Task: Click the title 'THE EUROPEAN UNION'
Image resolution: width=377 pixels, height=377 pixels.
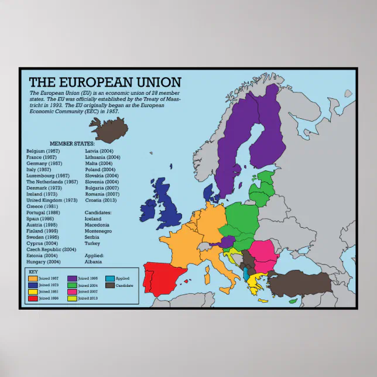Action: [105, 82]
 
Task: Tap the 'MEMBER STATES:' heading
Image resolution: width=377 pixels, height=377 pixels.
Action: [72, 143]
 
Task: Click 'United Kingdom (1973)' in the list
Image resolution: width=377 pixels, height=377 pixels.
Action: [52, 200]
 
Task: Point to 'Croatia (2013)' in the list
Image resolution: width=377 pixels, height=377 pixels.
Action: [102, 200]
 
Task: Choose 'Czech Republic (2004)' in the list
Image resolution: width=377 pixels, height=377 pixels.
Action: [52, 249]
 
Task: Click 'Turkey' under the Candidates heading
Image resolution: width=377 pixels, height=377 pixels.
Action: [92, 243]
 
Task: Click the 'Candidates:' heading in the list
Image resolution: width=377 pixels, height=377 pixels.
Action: [98, 213]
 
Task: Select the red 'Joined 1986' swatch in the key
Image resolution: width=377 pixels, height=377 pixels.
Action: [33, 297]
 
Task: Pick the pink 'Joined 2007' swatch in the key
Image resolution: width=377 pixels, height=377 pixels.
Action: [72, 292]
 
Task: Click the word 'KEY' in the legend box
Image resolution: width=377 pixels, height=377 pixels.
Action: [33, 272]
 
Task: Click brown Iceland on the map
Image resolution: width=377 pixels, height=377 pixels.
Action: [108, 129]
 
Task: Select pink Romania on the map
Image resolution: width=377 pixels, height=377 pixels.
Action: [263, 251]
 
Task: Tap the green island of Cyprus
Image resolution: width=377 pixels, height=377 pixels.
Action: [292, 301]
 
